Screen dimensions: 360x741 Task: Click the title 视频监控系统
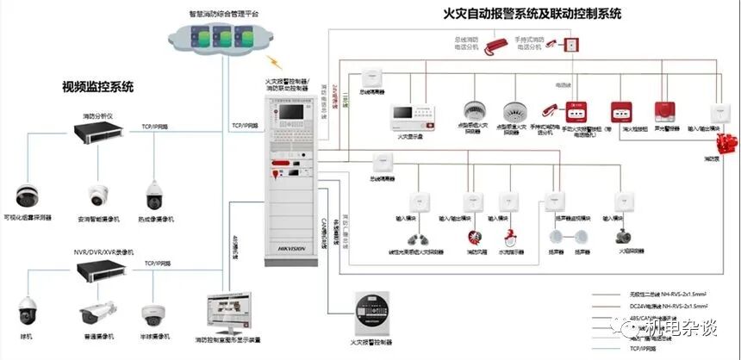[x=97, y=86]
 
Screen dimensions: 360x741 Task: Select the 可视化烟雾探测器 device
[x=28, y=196]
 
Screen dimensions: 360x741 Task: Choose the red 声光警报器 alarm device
[x=663, y=112]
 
